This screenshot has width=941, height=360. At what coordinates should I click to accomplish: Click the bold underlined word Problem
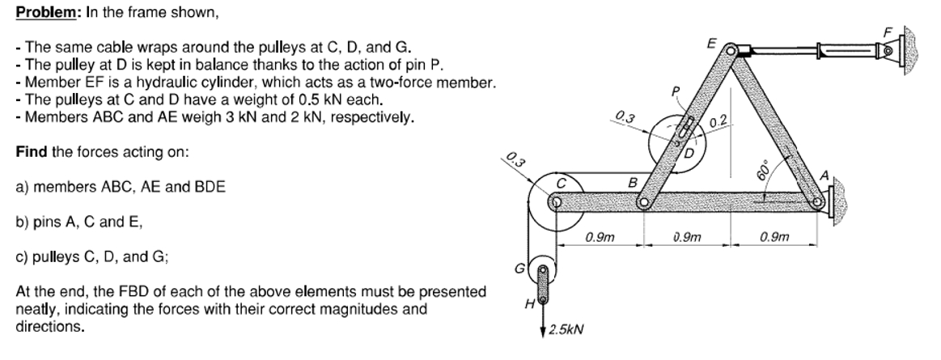click(46, 13)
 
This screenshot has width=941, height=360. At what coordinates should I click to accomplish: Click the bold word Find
click(32, 152)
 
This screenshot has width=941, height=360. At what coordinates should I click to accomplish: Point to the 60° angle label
click(763, 171)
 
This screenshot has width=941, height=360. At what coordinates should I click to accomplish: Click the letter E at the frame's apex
click(711, 43)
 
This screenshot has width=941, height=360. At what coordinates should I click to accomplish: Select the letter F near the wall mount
click(888, 30)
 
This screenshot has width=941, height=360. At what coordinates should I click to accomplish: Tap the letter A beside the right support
click(824, 176)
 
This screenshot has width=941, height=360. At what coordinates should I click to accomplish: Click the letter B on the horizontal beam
click(631, 181)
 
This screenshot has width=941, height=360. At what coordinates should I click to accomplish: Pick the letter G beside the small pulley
click(519, 269)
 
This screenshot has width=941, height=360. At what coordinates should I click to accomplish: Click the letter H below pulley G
click(529, 305)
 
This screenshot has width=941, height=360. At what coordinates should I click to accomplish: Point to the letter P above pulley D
click(676, 91)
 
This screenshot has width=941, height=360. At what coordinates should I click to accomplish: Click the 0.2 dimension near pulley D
click(718, 122)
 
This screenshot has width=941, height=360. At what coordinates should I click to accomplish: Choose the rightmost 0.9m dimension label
click(774, 237)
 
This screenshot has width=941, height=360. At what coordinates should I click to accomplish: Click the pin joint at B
click(645, 203)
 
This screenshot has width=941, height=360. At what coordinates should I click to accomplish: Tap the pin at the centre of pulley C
click(557, 202)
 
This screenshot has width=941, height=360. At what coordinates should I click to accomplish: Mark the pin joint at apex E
click(730, 49)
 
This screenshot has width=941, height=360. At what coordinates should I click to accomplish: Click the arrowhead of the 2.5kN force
click(544, 329)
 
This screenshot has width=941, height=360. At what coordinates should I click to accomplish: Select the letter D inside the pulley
click(689, 154)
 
